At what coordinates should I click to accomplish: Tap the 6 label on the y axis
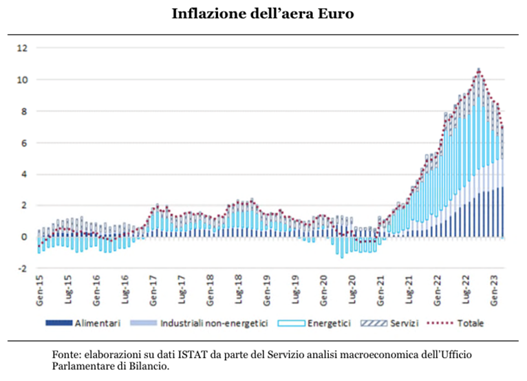[23, 142]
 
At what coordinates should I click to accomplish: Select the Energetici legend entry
[330, 322]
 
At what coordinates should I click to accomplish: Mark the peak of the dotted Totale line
[478, 69]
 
